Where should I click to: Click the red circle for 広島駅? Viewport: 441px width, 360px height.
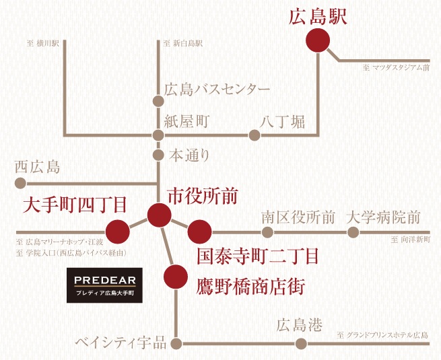pyautogui.click(x=318, y=41)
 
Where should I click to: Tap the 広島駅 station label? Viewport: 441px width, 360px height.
pyautogui.click(x=318, y=17)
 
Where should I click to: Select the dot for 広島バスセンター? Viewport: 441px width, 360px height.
pyautogui.click(x=158, y=102)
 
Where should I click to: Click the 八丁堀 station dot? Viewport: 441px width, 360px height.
pyautogui.click(x=255, y=135)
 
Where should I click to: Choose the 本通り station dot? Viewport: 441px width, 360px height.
pyautogui.click(x=158, y=155)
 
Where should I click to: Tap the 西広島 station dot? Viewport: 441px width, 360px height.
pyautogui.click(x=20, y=182)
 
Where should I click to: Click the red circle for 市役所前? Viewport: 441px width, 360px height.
pyautogui.click(x=159, y=215)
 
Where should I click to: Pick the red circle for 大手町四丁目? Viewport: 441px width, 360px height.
pyautogui.click(x=118, y=231)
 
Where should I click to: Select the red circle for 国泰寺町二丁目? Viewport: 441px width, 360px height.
pyautogui.click(x=199, y=231)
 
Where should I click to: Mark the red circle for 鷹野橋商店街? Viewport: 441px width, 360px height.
pyautogui.click(x=175, y=276)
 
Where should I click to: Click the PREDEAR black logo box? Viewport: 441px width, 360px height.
pyautogui.click(x=104, y=285)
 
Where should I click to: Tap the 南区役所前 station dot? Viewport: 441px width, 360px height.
pyautogui.click(x=267, y=232)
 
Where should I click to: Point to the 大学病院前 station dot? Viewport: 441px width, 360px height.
pyautogui.click(x=353, y=232)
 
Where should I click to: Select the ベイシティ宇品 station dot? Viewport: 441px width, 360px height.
pyautogui.click(x=176, y=343)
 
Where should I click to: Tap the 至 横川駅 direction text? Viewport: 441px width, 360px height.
pyautogui.click(x=44, y=44)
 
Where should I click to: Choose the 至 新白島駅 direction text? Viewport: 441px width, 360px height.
pyautogui.click(x=183, y=44)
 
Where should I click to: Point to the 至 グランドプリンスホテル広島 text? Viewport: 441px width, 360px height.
pyautogui.click(x=383, y=334)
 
